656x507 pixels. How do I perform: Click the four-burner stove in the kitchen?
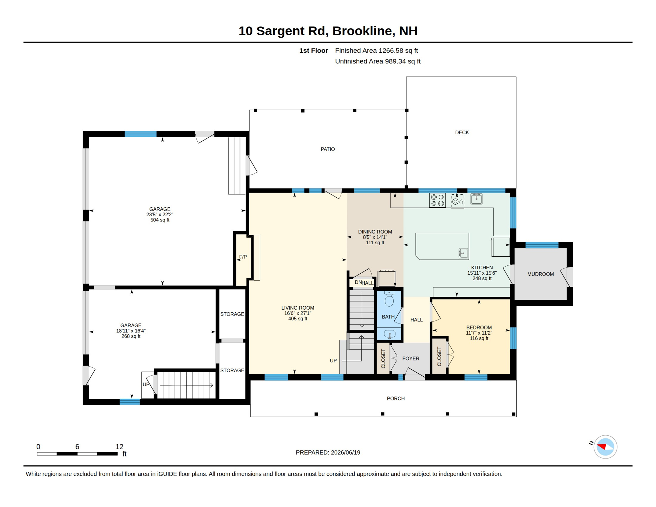437,200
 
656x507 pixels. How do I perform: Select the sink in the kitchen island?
463,253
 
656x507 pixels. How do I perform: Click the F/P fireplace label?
243,257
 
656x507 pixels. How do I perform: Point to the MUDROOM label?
540,274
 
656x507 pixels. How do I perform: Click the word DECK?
462,132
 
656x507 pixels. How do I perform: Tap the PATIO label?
328,149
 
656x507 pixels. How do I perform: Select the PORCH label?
395,398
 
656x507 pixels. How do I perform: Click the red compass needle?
602,447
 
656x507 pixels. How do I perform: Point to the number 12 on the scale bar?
119,447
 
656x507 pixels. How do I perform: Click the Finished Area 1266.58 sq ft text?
376,51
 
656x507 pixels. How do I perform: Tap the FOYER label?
410,358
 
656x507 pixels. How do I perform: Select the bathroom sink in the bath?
390,334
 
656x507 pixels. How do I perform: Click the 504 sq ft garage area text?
160,220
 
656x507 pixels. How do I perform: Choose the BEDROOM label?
479,327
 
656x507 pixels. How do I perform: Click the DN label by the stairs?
358,282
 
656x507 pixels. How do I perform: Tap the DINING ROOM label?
375,232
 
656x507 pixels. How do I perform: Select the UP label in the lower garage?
146,385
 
